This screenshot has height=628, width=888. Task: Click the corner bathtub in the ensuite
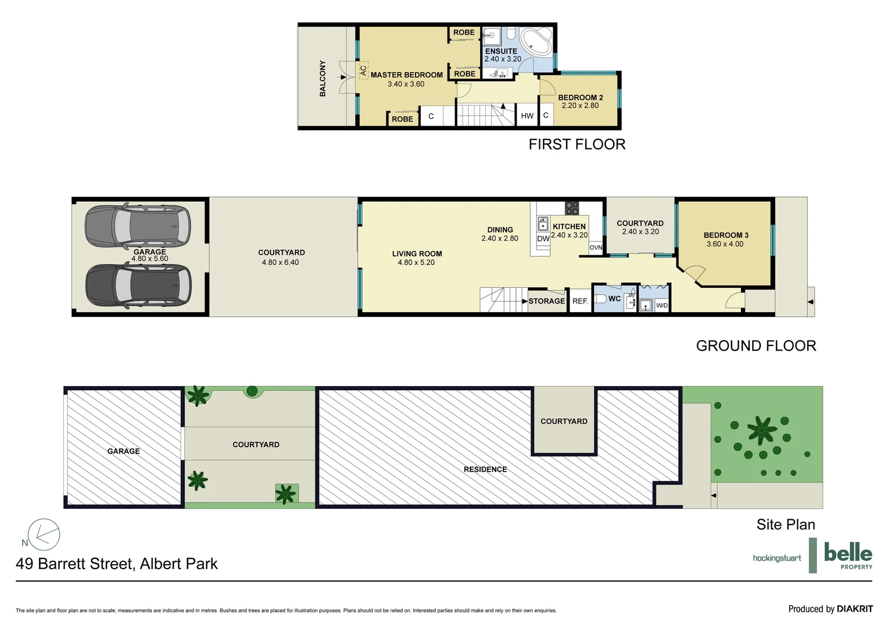536,42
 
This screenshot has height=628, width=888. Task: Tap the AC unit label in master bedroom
363,70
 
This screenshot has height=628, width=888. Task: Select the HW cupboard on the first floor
527,116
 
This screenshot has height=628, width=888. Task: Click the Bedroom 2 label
580,98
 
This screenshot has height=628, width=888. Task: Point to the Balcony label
323,78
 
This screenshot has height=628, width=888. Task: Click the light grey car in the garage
137,226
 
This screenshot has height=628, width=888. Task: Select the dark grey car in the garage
138,285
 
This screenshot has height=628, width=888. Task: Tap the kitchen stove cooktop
572,208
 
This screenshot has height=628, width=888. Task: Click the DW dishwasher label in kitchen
543,239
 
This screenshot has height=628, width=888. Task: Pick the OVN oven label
596,248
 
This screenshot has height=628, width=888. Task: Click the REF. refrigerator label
580,301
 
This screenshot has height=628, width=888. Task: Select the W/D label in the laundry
662,305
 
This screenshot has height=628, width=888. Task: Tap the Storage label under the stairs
546,301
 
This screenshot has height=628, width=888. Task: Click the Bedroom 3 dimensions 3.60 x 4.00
725,244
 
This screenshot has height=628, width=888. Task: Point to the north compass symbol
44,534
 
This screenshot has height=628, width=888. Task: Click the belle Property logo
848,555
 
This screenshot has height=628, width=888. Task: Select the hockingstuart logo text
776,558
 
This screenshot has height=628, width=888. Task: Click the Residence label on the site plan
485,469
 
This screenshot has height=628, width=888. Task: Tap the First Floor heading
577,144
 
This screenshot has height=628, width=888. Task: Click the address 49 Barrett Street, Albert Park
117,563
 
